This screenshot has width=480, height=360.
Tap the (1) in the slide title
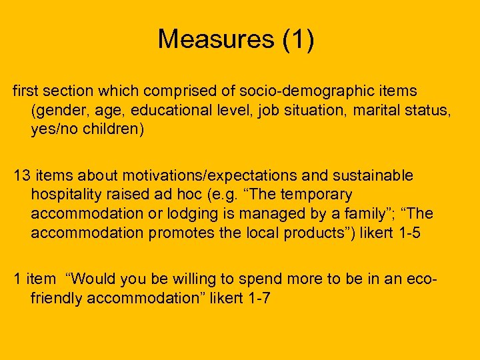pyautogui.click(x=298, y=40)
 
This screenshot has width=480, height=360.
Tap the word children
pyautogui.click(x=112, y=129)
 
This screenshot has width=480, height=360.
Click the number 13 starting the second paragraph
pyautogui.click(x=23, y=176)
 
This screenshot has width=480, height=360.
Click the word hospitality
pyautogui.click(x=65, y=195)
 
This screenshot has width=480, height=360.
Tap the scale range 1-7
pyautogui.click(x=256, y=299)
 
